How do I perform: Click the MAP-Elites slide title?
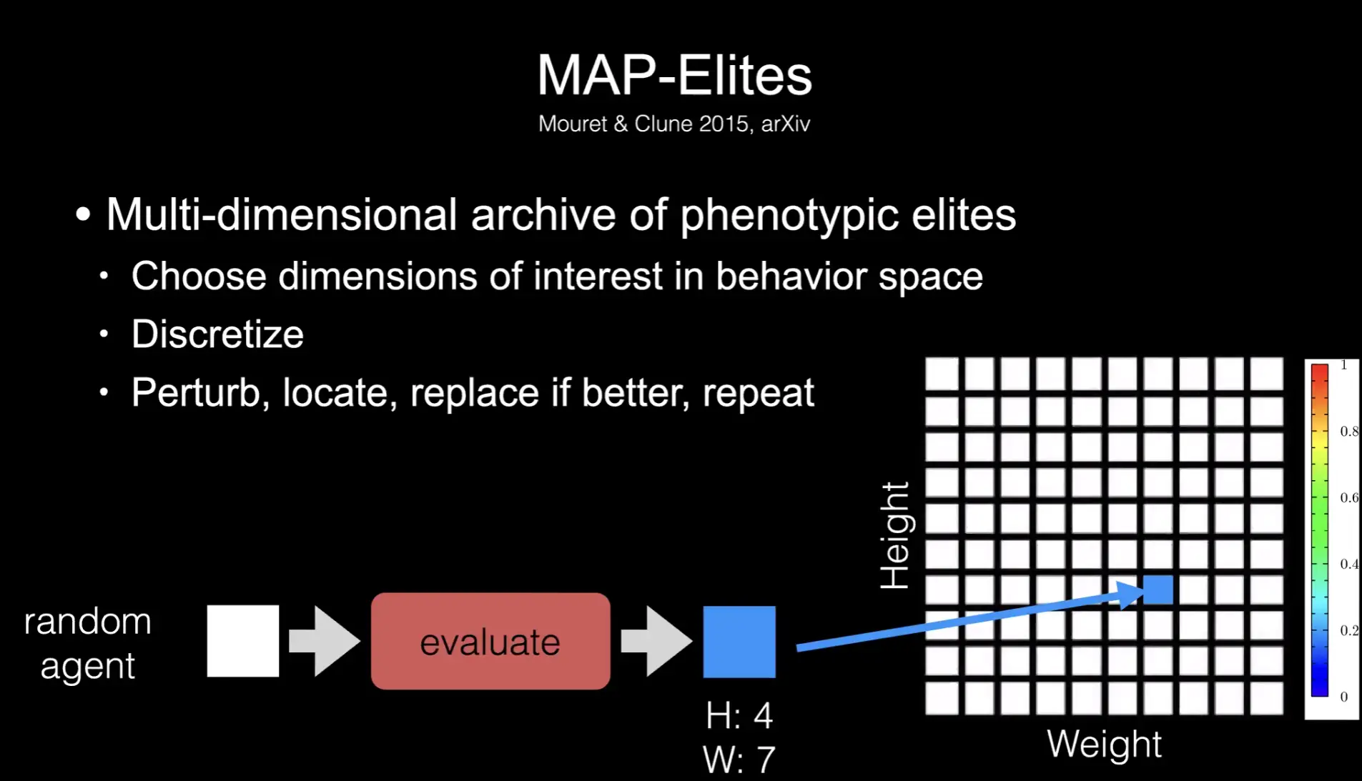(x=674, y=75)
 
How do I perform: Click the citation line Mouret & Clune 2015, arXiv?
(x=674, y=124)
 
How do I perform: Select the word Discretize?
(x=217, y=334)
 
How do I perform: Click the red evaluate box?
(x=490, y=641)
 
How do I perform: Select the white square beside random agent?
(x=243, y=641)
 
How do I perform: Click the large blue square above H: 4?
(x=739, y=642)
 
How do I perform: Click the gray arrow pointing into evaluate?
(x=324, y=641)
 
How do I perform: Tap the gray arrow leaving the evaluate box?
(x=656, y=641)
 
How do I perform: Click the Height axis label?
(x=894, y=535)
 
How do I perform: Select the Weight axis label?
(x=1104, y=744)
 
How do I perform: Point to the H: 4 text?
(x=739, y=715)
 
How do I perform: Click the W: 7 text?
(x=739, y=760)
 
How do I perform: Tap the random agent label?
(x=87, y=643)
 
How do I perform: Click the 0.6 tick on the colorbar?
(x=1348, y=497)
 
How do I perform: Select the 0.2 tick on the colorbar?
(x=1348, y=630)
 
